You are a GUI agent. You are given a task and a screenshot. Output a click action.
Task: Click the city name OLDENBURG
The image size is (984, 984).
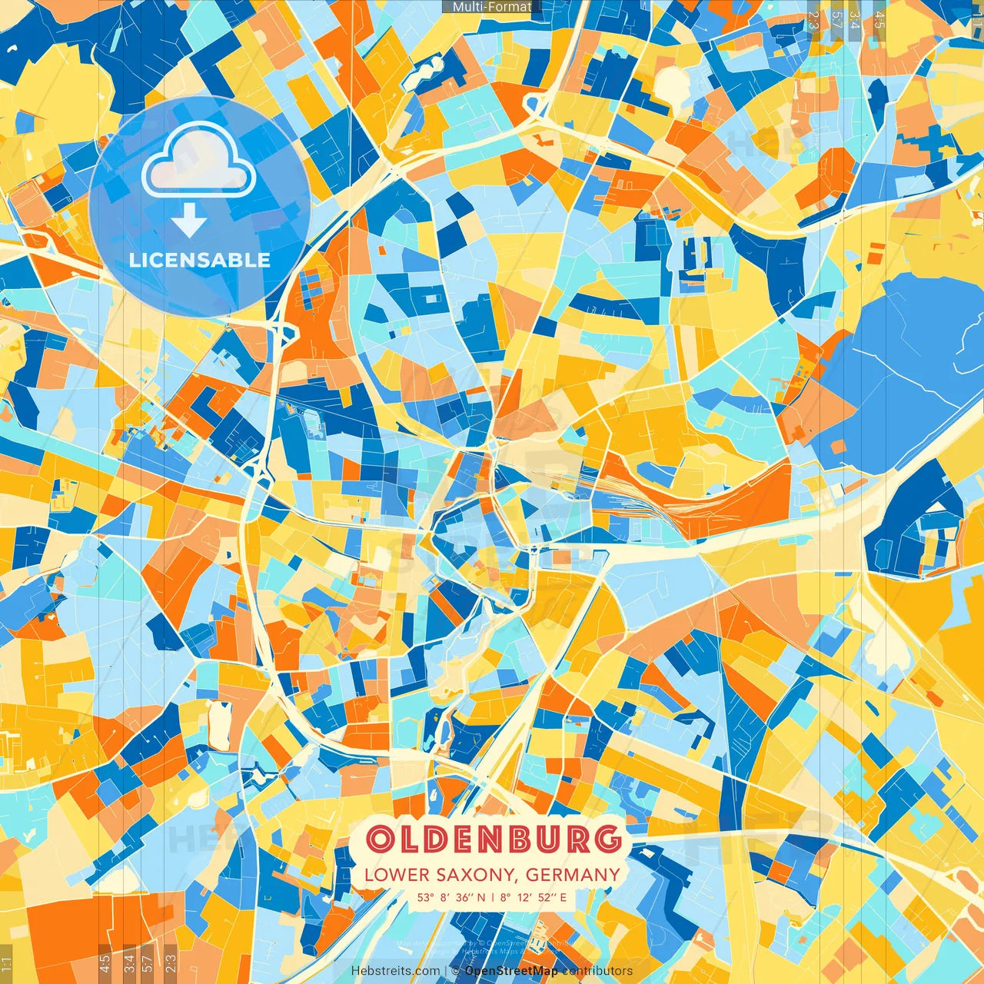[x=493, y=839]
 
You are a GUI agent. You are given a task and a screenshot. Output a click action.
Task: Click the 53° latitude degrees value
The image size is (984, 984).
[x=426, y=897]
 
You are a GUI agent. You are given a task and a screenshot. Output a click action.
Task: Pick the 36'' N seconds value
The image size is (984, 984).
[x=470, y=897]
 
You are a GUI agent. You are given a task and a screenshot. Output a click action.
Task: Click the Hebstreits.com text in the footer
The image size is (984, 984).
[x=396, y=971]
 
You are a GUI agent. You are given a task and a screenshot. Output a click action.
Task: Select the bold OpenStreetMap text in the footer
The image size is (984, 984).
[x=511, y=971]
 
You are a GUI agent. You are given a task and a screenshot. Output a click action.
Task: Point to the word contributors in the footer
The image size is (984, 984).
[x=597, y=971]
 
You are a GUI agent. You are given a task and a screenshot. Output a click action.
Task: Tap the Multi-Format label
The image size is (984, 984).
[x=492, y=7]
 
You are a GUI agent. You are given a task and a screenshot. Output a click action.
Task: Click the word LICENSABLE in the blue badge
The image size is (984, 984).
[x=200, y=260]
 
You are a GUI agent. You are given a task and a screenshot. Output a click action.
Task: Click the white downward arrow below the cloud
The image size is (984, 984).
[x=189, y=223]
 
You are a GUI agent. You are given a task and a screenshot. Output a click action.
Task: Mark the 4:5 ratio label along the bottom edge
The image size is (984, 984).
[x=105, y=962]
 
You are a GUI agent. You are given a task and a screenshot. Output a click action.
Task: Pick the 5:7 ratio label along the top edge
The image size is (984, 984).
[x=836, y=19]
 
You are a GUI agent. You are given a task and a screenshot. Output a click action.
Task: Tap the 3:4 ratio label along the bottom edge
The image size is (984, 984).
[x=129, y=962]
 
